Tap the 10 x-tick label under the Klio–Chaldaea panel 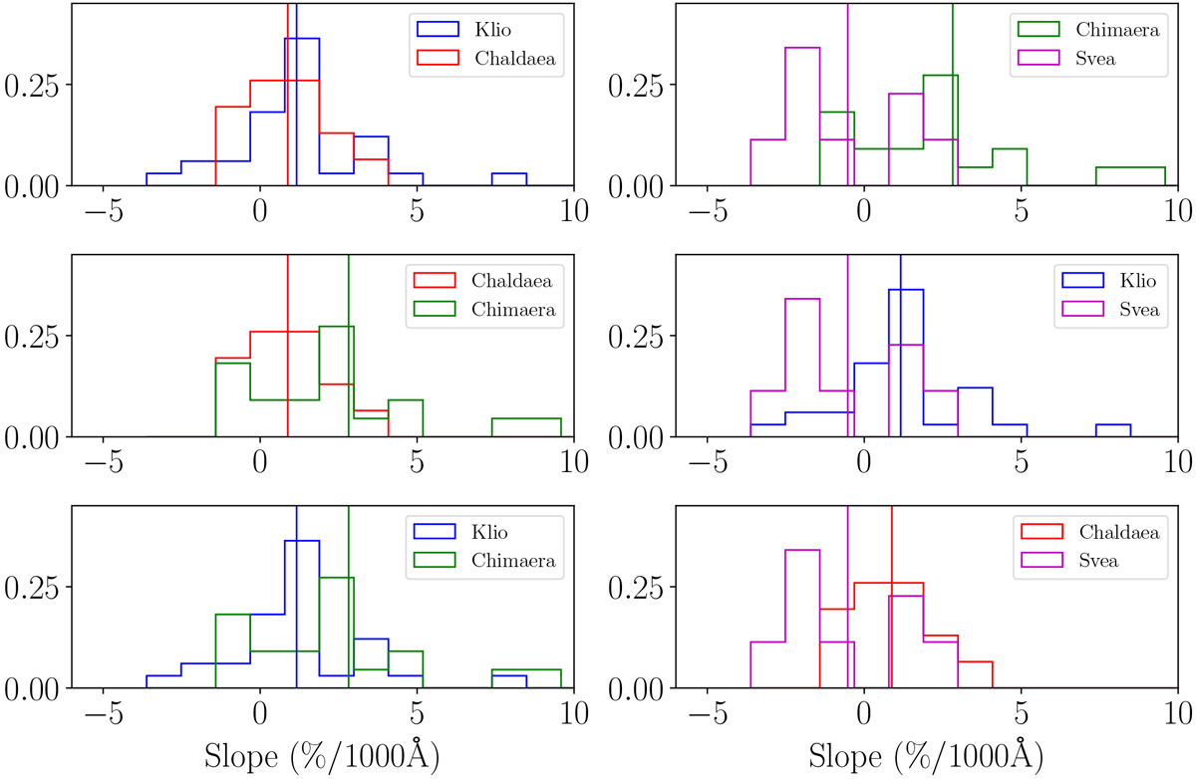tap(574, 213)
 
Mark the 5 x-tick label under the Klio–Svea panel tap(1021, 464)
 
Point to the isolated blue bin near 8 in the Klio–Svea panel tap(1112, 431)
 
